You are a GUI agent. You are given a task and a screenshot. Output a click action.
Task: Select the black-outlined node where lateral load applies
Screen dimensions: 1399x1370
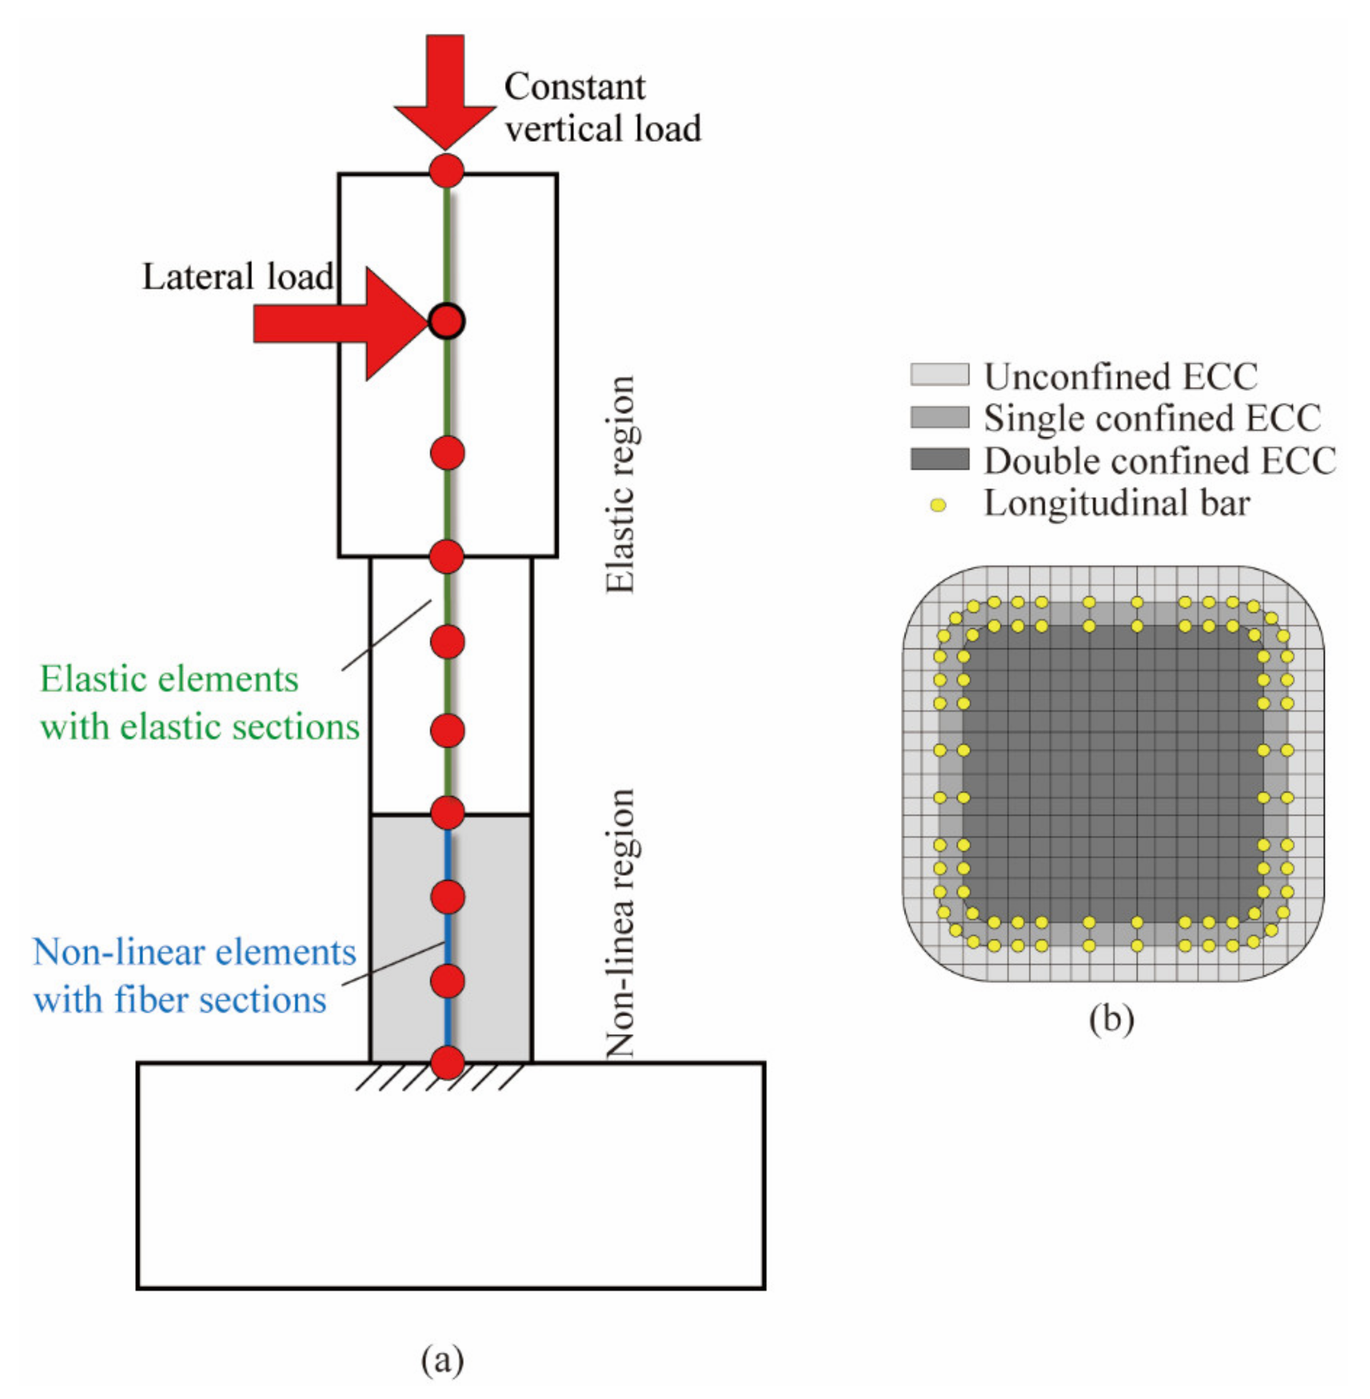(447, 321)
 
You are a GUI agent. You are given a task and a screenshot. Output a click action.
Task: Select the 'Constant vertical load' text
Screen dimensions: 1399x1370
(602, 108)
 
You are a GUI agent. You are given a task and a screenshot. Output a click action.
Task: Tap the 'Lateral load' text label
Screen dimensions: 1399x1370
(238, 277)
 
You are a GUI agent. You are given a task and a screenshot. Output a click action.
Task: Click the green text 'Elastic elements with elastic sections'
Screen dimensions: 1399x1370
(199, 703)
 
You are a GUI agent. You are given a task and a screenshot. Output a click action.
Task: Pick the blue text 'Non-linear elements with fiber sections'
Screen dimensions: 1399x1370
(194, 976)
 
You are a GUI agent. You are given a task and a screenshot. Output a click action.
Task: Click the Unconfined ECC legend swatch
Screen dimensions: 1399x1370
(939, 375)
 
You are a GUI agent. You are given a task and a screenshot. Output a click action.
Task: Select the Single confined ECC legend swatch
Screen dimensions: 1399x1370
(939, 417)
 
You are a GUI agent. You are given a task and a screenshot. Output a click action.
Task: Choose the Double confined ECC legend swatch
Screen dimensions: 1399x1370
(939, 459)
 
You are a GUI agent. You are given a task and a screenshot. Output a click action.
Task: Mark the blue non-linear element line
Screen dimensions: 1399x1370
(447, 938)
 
